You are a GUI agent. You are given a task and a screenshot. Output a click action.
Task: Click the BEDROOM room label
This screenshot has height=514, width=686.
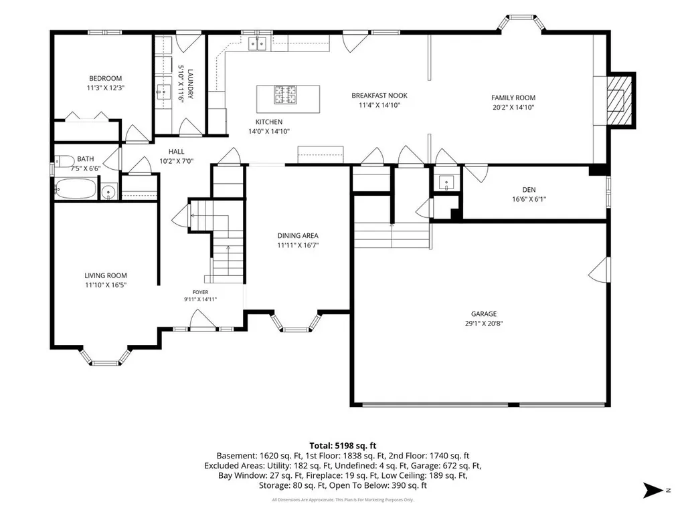(106, 79)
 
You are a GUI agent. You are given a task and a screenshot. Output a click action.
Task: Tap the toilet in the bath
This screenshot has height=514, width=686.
(64, 161)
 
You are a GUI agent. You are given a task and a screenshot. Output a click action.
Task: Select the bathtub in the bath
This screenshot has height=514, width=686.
(75, 188)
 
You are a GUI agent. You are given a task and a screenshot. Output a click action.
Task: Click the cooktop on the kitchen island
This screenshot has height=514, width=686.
(285, 95)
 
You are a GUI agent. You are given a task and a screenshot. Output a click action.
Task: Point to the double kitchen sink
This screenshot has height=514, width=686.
(257, 43)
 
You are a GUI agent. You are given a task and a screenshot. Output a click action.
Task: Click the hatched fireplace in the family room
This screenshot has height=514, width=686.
(619, 100)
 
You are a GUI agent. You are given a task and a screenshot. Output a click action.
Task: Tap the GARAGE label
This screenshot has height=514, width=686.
(484, 314)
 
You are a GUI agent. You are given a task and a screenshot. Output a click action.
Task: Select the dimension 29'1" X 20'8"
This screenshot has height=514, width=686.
(484, 324)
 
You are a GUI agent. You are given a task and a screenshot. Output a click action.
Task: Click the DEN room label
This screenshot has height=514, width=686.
(529, 190)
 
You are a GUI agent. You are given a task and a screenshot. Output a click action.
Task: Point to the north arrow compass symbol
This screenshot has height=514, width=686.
(654, 490)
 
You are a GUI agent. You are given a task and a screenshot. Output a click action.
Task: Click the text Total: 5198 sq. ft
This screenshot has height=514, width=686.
(343, 446)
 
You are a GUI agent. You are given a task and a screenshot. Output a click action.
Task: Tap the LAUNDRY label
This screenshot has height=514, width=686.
(190, 84)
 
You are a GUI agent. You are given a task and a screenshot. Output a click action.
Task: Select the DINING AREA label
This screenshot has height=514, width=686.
(298, 235)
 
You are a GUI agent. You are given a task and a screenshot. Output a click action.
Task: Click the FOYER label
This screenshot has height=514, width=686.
(200, 292)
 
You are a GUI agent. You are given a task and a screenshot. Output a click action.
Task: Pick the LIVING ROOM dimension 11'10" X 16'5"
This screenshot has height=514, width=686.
(106, 285)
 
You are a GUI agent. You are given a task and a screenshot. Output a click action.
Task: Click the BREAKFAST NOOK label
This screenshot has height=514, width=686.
(379, 96)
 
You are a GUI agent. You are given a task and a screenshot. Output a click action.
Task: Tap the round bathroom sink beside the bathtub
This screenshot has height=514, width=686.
(108, 191)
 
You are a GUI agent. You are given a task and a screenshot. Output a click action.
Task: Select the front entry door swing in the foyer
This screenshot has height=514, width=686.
(203, 319)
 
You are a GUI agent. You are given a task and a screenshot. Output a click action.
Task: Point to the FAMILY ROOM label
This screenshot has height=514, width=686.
(513, 98)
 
